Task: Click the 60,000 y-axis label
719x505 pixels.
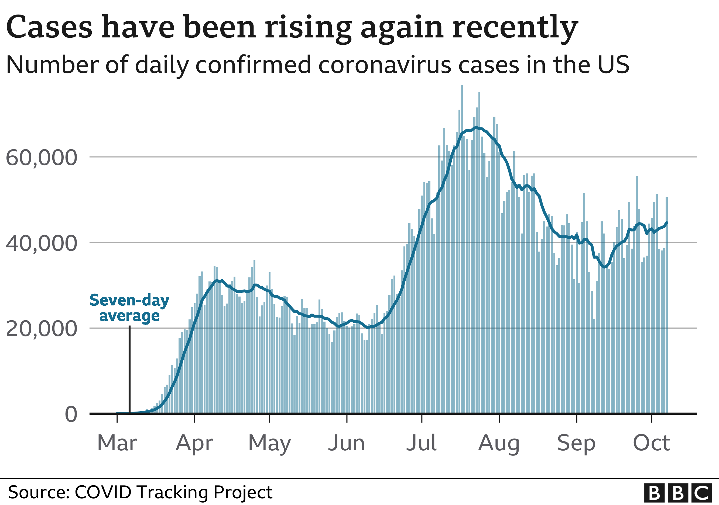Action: pos(41,158)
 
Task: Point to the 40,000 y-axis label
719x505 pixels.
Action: pos(41,243)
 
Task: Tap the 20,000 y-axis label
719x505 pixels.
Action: pos(41,329)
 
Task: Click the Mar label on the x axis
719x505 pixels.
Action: pos(117,443)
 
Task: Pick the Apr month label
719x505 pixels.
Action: pos(194,443)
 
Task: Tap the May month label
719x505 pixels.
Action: pos(270,443)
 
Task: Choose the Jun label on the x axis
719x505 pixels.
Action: pos(347,443)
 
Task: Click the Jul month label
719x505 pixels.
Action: pos(422,443)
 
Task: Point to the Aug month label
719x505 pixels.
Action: pos(499,443)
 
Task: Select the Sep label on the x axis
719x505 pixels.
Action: pos(576,443)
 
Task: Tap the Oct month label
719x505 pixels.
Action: pos(652,443)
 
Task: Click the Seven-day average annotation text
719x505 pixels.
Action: pos(129,308)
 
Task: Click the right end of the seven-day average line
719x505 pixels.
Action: pos(667,223)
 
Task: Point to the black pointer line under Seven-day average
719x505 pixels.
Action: pos(130,369)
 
